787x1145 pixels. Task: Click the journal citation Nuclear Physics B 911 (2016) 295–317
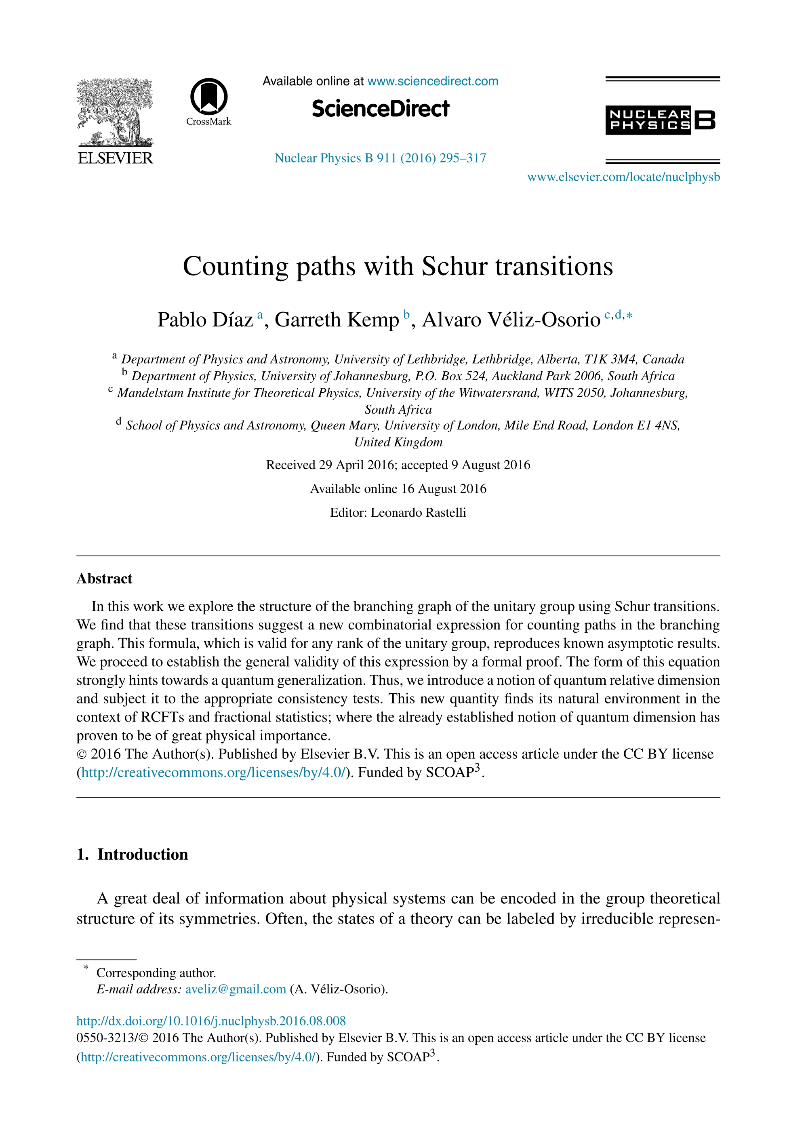(x=380, y=158)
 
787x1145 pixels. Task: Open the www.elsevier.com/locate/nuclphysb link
(x=623, y=177)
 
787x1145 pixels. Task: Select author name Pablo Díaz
(x=205, y=320)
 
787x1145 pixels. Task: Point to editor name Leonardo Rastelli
(x=418, y=512)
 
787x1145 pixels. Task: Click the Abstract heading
(x=105, y=579)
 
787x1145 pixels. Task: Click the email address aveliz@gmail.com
(x=235, y=989)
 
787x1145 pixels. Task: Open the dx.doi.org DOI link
(x=211, y=1021)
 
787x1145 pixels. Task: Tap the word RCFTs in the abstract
(x=160, y=717)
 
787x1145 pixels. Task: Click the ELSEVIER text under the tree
(x=116, y=158)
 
